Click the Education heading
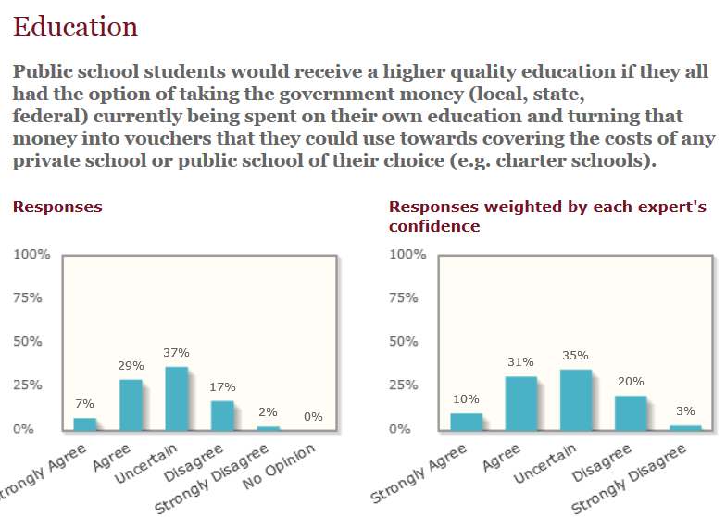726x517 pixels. point(76,26)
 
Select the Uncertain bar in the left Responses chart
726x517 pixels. point(177,398)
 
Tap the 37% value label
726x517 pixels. point(176,353)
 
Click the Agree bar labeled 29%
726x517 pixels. point(131,406)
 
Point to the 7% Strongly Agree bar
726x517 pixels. point(85,424)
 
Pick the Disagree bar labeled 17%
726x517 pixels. point(222,416)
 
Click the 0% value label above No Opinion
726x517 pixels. point(313,417)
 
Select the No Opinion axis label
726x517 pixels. point(280,467)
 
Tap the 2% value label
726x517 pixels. point(269,412)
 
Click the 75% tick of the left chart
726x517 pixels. point(28,297)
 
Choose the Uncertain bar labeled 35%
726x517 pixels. point(576,400)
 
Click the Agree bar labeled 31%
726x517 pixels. point(521,404)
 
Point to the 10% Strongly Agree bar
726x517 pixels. point(467,422)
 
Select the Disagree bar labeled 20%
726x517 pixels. point(631,413)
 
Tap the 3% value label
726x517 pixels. point(685,411)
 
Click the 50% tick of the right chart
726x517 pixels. point(404,341)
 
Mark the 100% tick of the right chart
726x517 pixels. point(407,254)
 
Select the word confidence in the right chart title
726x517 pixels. point(434,226)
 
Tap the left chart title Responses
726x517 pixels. point(57,208)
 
